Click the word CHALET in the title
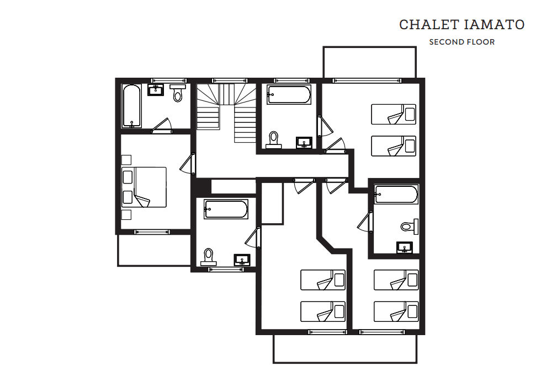point(429,25)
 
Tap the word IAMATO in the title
point(494,25)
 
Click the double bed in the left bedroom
point(144,187)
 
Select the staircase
point(226,112)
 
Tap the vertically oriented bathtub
point(131,106)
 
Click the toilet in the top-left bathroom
point(178,93)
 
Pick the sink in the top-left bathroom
point(156,90)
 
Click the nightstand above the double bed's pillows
point(126,160)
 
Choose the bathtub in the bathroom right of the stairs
point(289,95)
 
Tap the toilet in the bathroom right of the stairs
point(274,140)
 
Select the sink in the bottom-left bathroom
point(242,260)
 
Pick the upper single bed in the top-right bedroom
point(394,114)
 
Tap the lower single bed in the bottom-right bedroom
point(396,311)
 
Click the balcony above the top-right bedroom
point(369,62)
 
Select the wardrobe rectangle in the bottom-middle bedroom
point(272,203)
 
